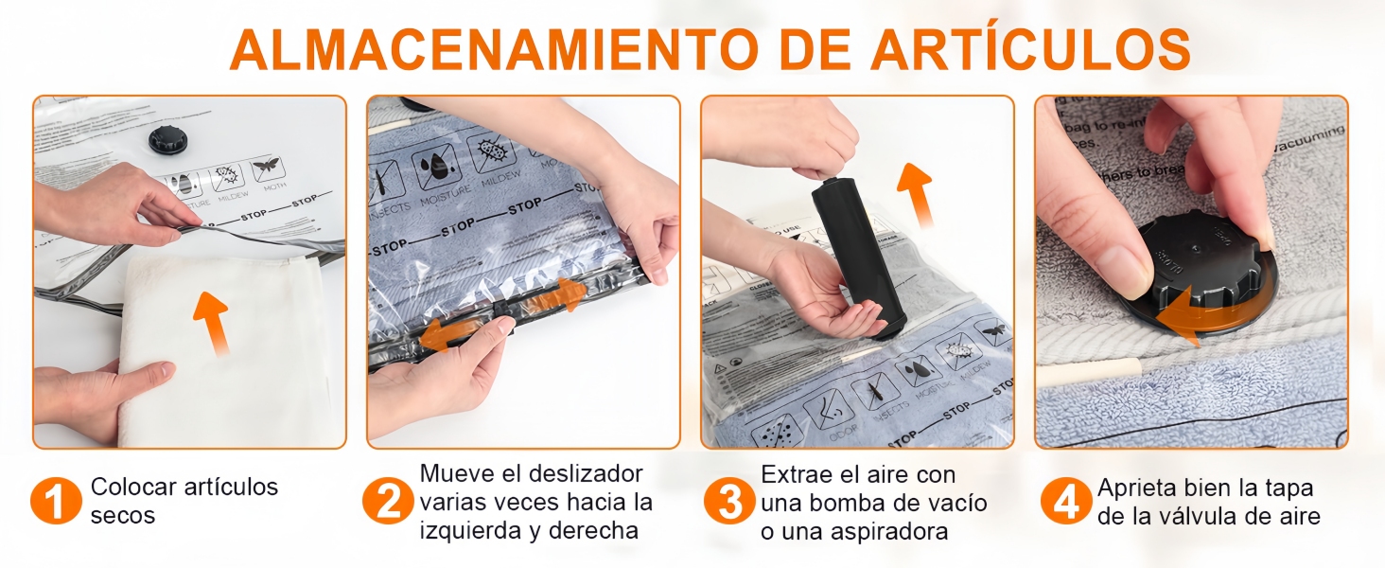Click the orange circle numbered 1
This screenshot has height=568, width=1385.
click(x=56, y=501)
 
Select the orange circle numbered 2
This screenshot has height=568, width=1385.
click(x=388, y=501)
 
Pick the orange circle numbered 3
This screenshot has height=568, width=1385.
click(x=729, y=501)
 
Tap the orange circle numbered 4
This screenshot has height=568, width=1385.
click(x=1066, y=501)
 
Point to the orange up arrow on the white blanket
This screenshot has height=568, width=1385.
click(x=212, y=322)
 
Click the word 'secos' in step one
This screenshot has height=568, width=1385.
click(x=123, y=516)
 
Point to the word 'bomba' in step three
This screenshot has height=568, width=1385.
click(x=836, y=503)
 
